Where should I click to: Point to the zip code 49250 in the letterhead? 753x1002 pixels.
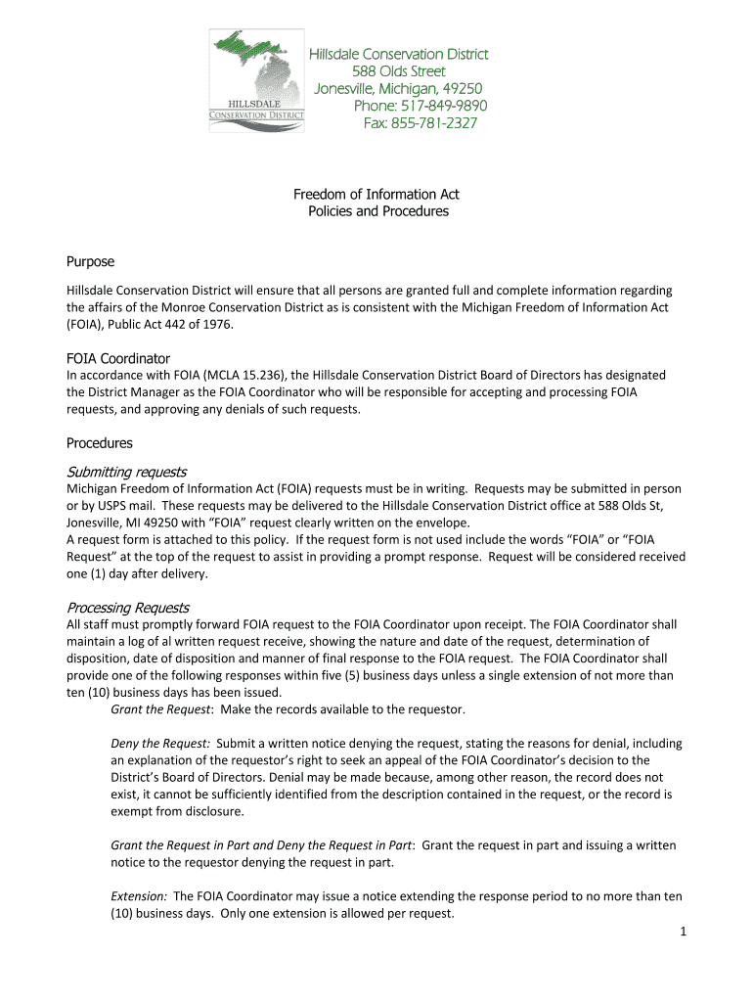click(x=462, y=89)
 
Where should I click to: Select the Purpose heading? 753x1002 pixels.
click(x=90, y=261)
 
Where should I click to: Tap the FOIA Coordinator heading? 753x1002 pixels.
click(x=118, y=358)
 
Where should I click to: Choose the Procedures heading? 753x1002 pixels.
click(x=99, y=443)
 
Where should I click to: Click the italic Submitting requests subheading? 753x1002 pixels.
click(x=126, y=472)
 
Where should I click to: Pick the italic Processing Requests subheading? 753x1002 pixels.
click(x=127, y=608)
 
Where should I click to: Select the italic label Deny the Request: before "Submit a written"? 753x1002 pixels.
click(x=160, y=744)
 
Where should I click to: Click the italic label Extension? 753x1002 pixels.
click(x=139, y=896)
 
